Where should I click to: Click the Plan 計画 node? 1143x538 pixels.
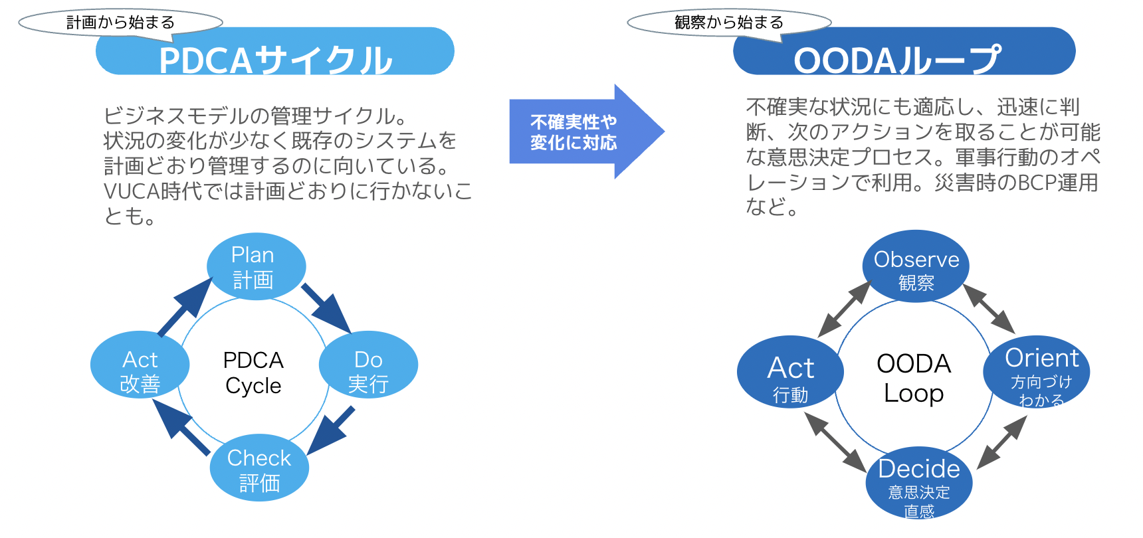[256, 266]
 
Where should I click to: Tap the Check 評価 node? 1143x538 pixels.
[259, 468]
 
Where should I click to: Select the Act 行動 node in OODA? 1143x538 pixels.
[790, 372]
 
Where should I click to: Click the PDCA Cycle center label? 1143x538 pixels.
[253, 373]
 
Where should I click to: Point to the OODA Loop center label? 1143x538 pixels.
[914, 377]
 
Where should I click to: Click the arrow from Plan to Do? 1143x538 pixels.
[326, 308]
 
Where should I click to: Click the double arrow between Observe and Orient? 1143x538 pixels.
[988, 308]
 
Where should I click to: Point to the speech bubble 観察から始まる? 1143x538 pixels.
[728, 23]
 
